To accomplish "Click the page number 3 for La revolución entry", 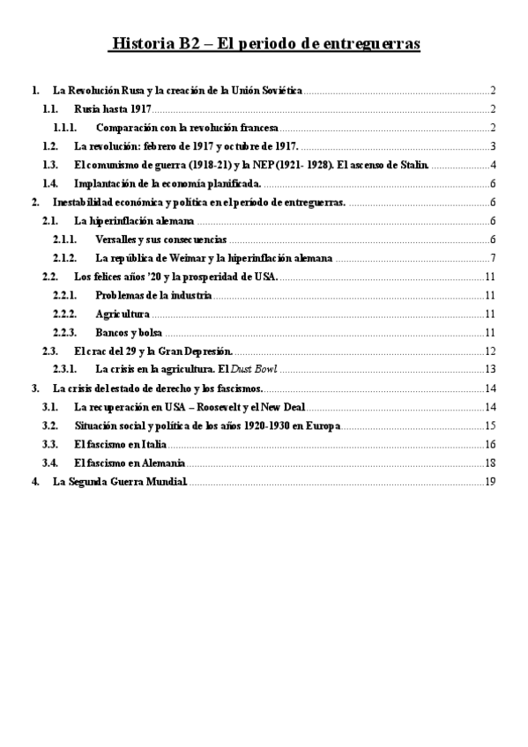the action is point(495,146).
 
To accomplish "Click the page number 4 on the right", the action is point(495,165).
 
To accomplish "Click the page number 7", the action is point(495,257).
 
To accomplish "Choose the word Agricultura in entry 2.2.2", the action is point(122,313).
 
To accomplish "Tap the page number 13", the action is point(492,368).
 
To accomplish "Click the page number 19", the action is point(492,481).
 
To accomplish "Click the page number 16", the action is point(492,443).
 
